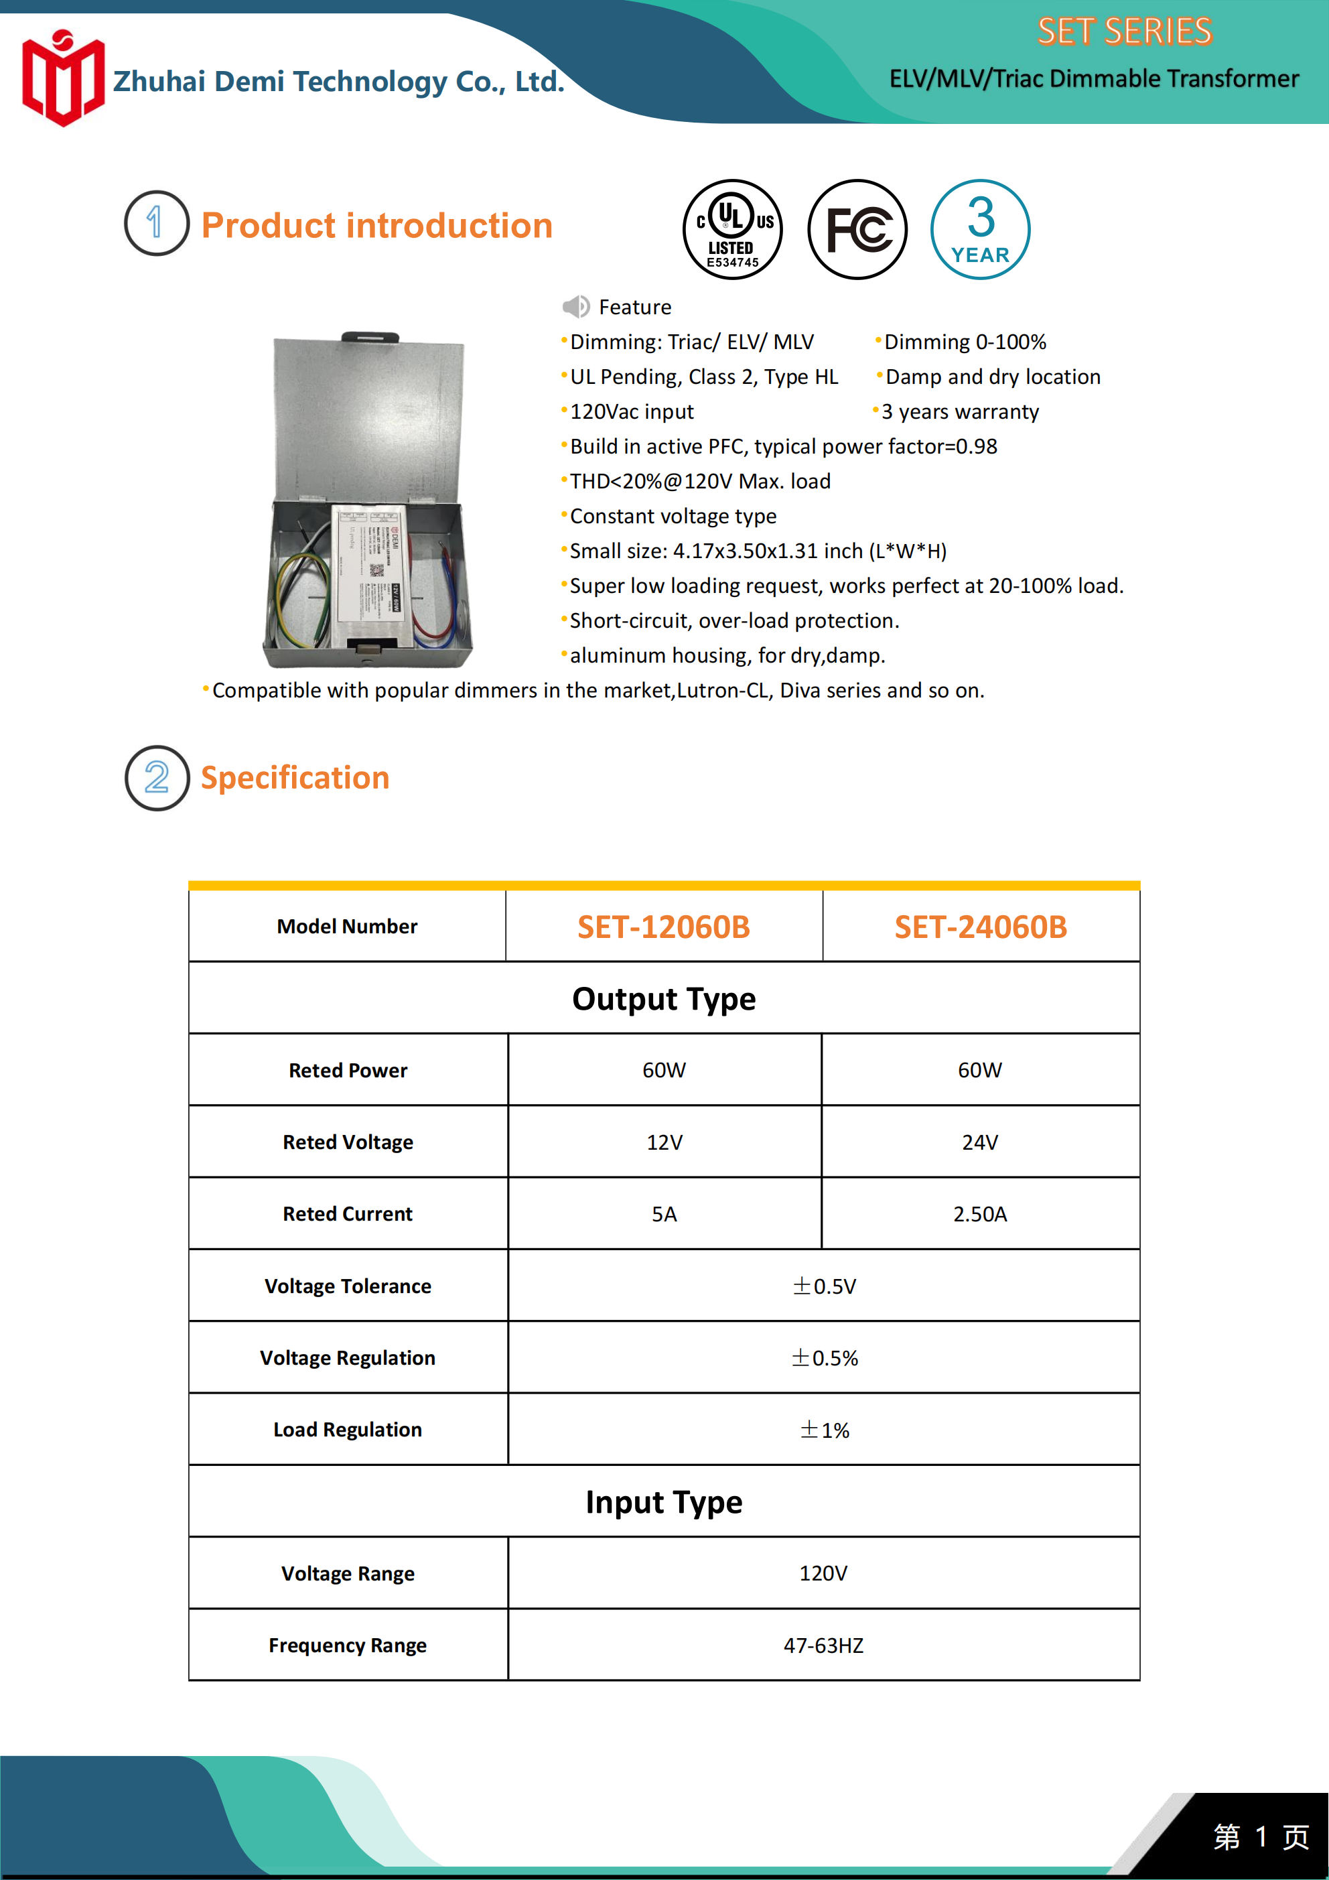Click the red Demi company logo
63,78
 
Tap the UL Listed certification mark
733,229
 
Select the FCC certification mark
857,229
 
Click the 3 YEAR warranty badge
980,229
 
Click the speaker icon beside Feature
575,306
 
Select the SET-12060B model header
663,927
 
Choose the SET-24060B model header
980,927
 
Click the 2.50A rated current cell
979,1213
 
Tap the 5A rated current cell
664,1213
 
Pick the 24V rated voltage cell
979,1142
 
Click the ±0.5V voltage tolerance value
824,1286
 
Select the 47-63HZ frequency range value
823,1645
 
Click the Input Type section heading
663,1501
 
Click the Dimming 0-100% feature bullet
965,342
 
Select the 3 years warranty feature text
960,411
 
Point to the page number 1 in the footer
1261,1836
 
